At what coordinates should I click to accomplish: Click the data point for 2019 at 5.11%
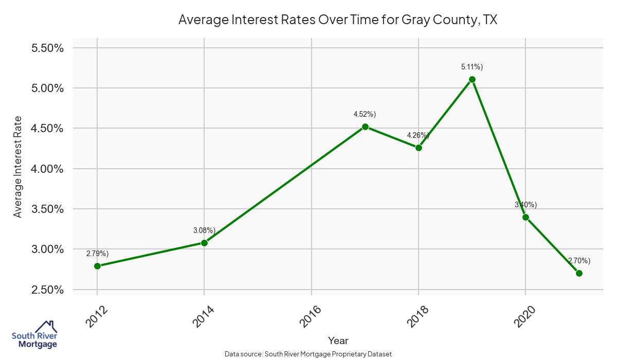click(x=472, y=80)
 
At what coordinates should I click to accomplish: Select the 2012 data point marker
click(x=97, y=266)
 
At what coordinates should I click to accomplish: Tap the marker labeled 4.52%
click(x=365, y=127)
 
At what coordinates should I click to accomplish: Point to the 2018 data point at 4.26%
click(x=419, y=148)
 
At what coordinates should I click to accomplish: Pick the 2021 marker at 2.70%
click(x=579, y=273)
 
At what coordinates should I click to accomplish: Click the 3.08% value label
click(x=204, y=230)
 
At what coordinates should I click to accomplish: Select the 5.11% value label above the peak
click(x=472, y=67)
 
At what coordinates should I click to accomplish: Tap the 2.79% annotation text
click(x=97, y=254)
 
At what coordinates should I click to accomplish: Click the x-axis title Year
click(x=338, y=340)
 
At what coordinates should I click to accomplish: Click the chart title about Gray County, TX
click(x=338, y=20)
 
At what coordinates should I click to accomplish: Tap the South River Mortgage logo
click(x=34, y=335)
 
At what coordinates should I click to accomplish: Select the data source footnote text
click(x=308, y=354)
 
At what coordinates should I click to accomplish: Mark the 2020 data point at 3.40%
click(x=525, y=217)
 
